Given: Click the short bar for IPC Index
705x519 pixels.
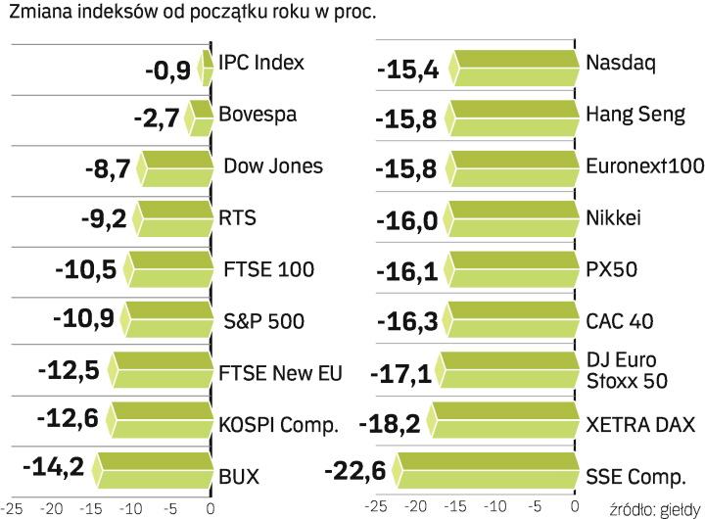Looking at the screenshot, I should click(x=206, y=66).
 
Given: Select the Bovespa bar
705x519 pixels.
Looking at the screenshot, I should click(x=200, y=117).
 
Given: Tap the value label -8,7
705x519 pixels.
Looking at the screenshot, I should click(x=108, y=169).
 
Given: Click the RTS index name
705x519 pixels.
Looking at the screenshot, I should click(x=238, y=217).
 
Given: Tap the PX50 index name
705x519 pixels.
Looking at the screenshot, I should click(x=612, y=268).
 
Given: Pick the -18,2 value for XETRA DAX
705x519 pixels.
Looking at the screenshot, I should click(x=390, y=424).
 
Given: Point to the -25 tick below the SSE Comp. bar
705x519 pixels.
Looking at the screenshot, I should click(x=371, y=507).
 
